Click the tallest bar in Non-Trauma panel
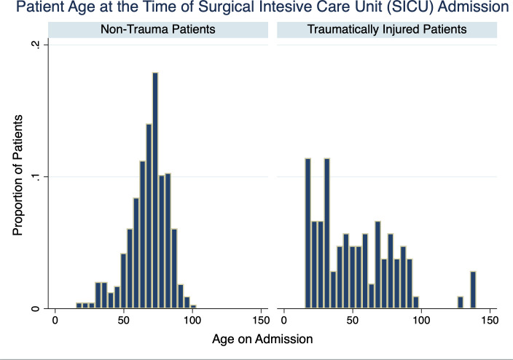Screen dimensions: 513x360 coord(155,190)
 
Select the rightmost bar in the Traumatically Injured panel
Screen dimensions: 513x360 coord(473,289)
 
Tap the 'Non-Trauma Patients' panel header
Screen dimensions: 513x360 coord(158,29)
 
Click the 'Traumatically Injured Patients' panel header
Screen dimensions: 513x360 coord(387,29)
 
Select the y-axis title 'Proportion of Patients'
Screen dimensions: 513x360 coord(17,175)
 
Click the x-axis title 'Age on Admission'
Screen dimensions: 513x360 coord(262,339)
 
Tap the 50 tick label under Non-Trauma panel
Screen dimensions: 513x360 coord(124,320)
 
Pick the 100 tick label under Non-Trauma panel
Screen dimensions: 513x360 coord(192,320)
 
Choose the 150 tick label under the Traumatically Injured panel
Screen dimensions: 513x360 coord(490,320)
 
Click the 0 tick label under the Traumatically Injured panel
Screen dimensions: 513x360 coord(283,320)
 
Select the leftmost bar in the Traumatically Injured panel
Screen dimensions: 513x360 coord(308,233)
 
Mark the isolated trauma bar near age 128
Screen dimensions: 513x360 coord(461,302)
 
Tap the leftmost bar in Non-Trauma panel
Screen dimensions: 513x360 coord(79,305)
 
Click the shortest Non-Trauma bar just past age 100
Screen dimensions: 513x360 coord(193,307)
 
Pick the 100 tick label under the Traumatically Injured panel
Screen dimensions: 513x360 coord(421,320)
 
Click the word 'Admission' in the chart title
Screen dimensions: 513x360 coord(474,7)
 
